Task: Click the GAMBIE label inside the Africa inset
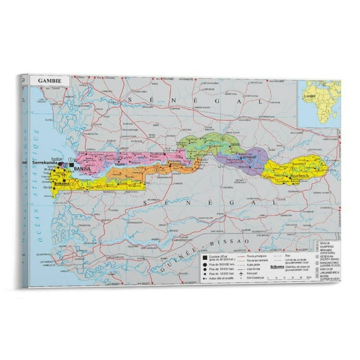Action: coord(307,98)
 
